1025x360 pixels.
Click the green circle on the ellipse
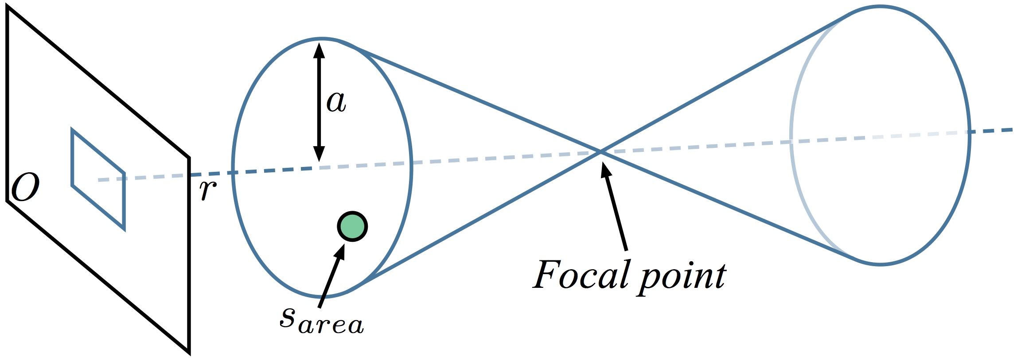(352, 227)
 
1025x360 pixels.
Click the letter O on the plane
(25, 187)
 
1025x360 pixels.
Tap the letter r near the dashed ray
(207, 190)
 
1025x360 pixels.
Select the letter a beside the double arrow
(336, 102)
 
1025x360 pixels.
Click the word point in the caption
(683, 278)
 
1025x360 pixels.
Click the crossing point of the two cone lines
(600, 152)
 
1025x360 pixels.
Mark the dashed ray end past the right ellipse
(1012, 129)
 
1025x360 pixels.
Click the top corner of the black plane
(8, 9)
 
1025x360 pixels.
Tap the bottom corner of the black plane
(189, 353)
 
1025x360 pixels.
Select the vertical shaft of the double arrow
(319, 102)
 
